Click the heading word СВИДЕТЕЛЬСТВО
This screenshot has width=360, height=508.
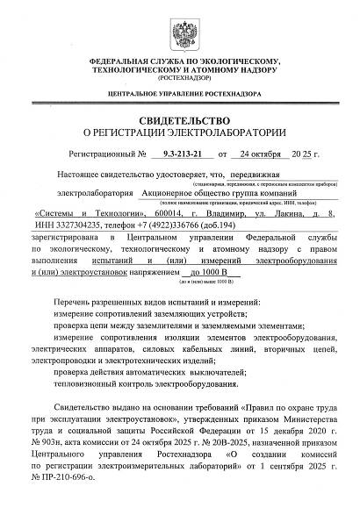tap(179, 119)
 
